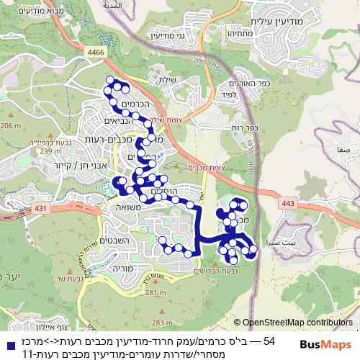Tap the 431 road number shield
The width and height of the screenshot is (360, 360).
[x=40, y=208]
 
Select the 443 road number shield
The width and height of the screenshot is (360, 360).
[x=289, y=204]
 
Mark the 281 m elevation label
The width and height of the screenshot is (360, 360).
[x=153, y=293]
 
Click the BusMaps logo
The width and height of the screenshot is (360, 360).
[x=326, y=345]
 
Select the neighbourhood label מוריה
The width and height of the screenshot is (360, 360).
[x=107, y=266]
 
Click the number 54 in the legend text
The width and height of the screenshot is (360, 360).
[x=269, y=340]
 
